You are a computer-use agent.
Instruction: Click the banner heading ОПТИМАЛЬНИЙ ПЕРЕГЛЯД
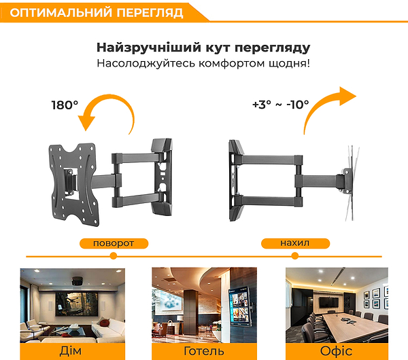(x=97, y=13)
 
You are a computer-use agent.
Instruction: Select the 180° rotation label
(x=65, y=105)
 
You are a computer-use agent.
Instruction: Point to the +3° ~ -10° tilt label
(x=280, y=105)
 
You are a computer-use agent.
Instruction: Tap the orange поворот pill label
(x=114, y=244)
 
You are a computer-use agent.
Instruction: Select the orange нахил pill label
(x=295, y=243)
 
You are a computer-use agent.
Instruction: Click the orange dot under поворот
(x=113, y=256)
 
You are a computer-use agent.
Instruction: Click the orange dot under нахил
(x=295, y=256)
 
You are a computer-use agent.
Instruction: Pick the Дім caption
(x=71, y=351)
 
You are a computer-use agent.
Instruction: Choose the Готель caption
(x=204, y=351)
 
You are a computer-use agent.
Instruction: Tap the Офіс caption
(x=336, y=351)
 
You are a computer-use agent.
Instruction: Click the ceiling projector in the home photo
(x=78, y=281)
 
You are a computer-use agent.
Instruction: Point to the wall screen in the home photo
(x=76, y=304)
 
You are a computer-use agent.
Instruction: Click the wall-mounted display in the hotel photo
(x=239, y=306)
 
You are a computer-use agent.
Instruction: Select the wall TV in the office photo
(x=329, y=302)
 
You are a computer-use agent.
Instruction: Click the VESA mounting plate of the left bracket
(x=73, y=185)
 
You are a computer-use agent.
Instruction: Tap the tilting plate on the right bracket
(x=352, y=183)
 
